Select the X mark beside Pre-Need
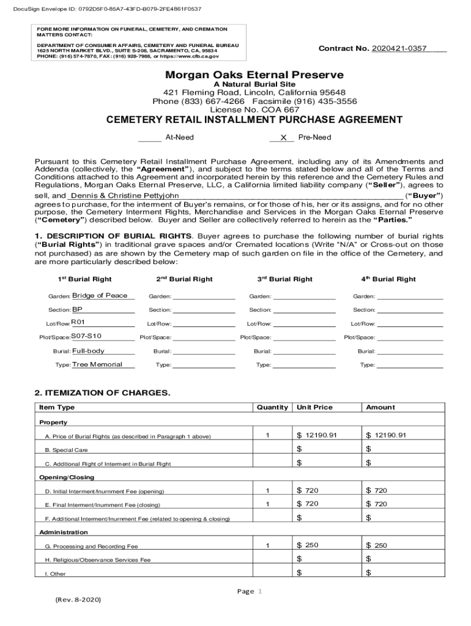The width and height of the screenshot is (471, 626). [x=283, y=138]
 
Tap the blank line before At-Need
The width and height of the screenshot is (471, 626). [x=149, y=138]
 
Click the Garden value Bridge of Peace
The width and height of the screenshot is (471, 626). [x=100, y=296]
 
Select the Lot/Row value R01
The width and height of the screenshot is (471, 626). [x=78, y=322]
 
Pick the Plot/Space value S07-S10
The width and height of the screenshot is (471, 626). [x=86, y=336]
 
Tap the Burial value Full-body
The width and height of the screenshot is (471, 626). [x=88, y=351]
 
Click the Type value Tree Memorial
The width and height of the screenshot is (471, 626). [x=97, y=364]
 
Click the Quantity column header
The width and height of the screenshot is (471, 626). [x=272, y=407]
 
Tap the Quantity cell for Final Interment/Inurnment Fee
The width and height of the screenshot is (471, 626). [x=267, y=504]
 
